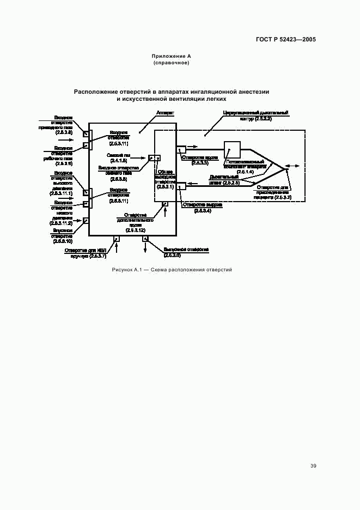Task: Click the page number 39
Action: tap(313, 466)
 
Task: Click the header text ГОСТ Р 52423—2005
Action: tap(286, 40)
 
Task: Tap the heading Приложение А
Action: tap(172, 56)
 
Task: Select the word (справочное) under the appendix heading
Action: tap(172, 63)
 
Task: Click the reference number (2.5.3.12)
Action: tap(135, 230)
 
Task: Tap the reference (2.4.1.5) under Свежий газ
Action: tap(119, 161)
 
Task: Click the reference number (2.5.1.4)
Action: tap(245, 172)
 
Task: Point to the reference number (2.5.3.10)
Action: tap(63, 241)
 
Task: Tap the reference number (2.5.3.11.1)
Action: tap(61, 193)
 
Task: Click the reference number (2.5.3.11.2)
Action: tap(61, 223)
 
